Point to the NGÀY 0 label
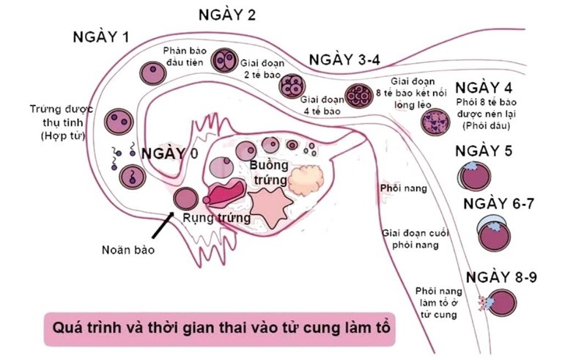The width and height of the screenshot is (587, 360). coord(170,154)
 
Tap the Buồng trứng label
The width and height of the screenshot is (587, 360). coord(262,172)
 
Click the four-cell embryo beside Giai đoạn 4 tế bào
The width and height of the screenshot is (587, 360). coord(291,87)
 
